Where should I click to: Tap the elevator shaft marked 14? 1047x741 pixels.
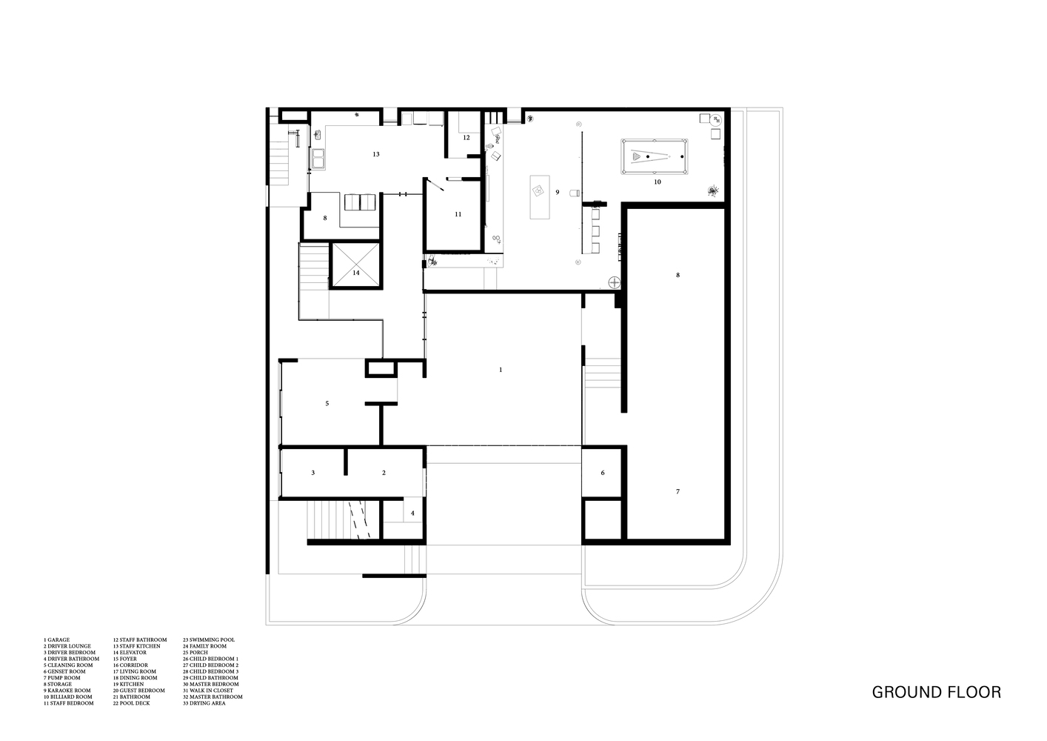tap(356, 265)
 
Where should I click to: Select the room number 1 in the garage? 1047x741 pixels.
tap(501, 369)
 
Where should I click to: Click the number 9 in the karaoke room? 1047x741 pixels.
tap(557, 192)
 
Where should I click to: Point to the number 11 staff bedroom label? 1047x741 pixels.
tap(458, 214)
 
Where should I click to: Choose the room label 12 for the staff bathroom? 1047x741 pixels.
tap(466, 138)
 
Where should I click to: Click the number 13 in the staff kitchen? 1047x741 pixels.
tap(376, 154)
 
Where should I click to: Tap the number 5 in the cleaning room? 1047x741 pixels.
tap(327, 403)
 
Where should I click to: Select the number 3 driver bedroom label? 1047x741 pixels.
tap(313, 473)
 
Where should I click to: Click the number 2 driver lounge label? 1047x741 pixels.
tap(384, 473)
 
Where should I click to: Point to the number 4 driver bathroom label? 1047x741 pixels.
tap(413, 513)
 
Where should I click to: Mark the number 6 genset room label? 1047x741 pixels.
tap(603, 473)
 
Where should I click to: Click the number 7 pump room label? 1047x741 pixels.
tap(677, 491)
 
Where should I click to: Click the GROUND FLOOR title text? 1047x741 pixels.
tap(936, 693)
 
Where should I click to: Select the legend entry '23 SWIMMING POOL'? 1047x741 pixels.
tap(208, 639)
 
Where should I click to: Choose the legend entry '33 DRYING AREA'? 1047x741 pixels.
tap(206, 703)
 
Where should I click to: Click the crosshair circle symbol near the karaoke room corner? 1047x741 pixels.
tap(613, 282)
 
